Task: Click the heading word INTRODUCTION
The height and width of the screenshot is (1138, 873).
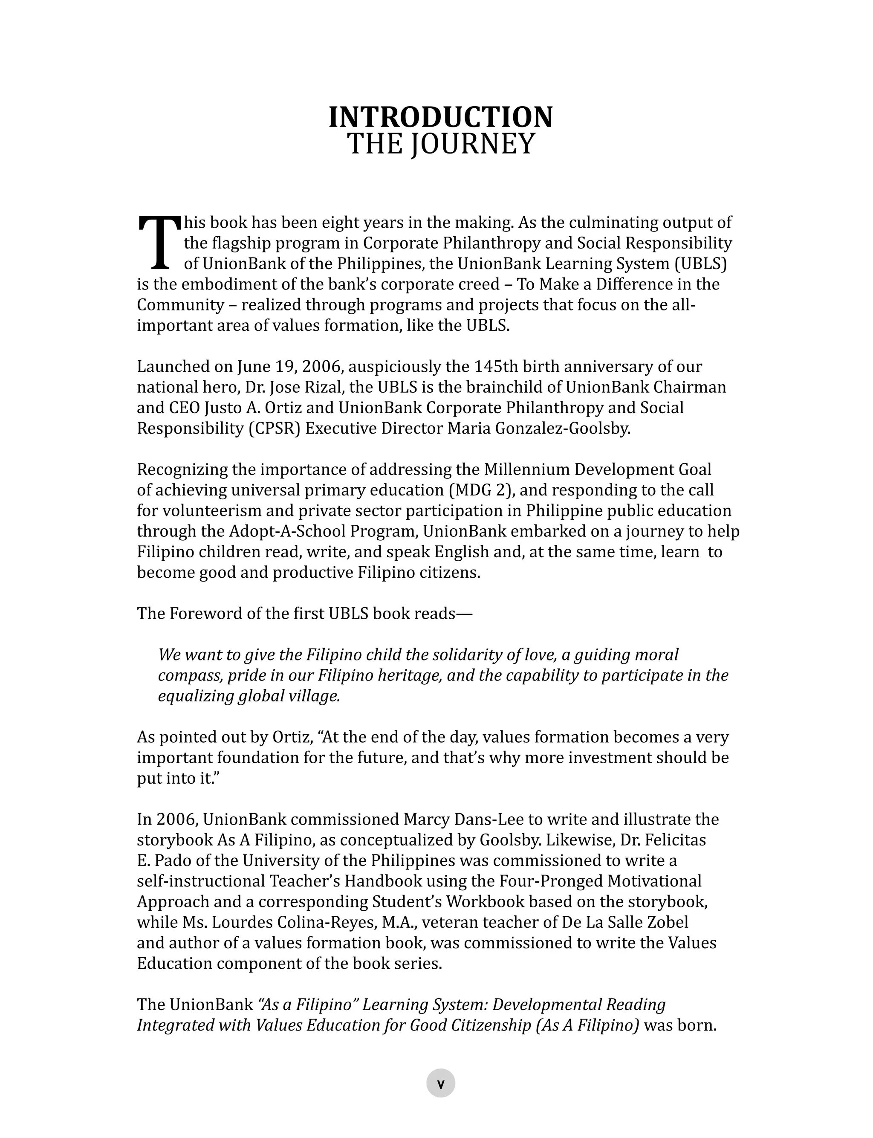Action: point(441,117)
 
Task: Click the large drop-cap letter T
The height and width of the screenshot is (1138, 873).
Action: point(159,243)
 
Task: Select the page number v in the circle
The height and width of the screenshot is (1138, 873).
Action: point(441,1084)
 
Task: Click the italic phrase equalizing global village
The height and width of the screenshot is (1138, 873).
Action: point(249,696)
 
